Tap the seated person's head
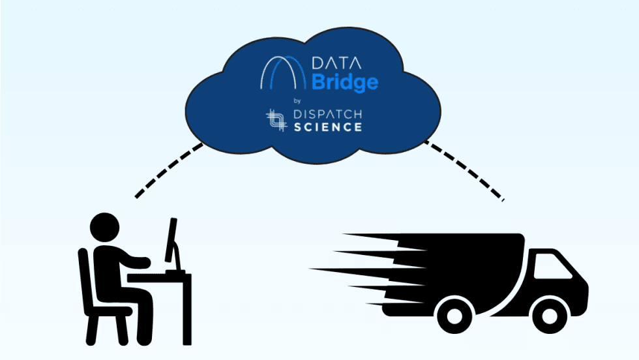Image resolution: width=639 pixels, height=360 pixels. coord(104,228)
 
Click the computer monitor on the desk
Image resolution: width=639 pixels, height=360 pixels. coord(173,241)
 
